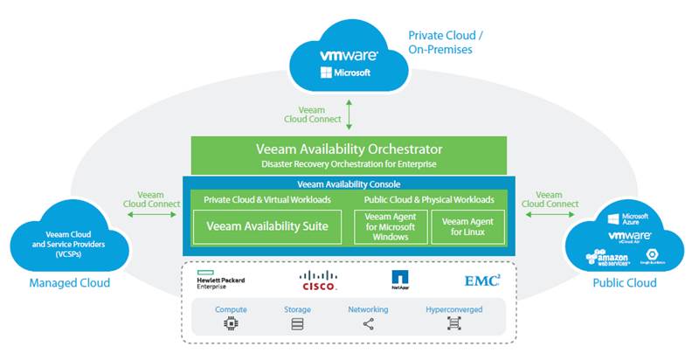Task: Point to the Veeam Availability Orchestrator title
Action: pyautogui.click(x=349, y=149)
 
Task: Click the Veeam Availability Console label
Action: pyautogui.click(x=349, y=184)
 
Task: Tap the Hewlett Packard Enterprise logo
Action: pyautogui.click(x=220, y=280)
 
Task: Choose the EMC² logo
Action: pyautogui.click(x=481, y=280)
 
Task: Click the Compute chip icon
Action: pyautogui.click(x=232, y=323)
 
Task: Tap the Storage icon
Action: pyautogui.click(x=297, y=323)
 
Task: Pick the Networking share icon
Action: pyautogui.click(x=368, y=323)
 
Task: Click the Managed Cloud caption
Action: pyautogui.click(x=69, y=283)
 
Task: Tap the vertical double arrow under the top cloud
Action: pyautogui.click(x=349, y=114)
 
